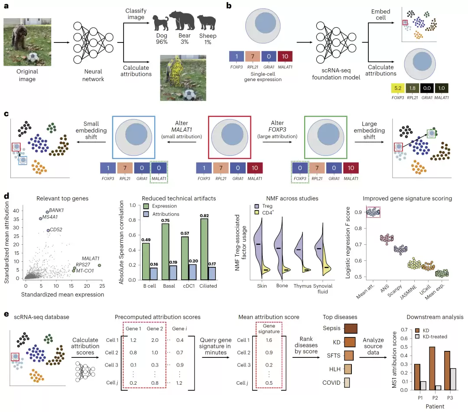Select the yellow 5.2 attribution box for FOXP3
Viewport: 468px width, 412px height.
tap(397, 88)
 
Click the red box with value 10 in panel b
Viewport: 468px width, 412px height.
tap(285, 56)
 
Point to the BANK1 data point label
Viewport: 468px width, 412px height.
tap(56, 210)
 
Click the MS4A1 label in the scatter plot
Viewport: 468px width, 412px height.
tap(50, 217)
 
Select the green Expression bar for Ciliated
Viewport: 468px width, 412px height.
tap(204, 249)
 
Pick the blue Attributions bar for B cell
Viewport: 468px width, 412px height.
tap(153, 274)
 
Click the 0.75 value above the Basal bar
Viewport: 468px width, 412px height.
tap(166, 221)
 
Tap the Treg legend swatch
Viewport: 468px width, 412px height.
tap(257, 206)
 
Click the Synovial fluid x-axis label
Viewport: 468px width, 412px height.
tap(323, 289)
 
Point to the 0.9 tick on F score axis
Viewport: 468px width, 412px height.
tap(358, 212)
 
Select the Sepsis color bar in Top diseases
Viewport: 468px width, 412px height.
tap(351, 328)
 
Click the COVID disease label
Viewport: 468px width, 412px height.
tap(331, 383)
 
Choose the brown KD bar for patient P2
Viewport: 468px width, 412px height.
tap(432, 368)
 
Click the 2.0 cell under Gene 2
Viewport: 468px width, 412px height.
tap(155, 340)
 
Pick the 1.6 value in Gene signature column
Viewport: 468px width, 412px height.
tap(269, 340)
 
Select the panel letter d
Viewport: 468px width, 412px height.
tap(6, 196)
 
